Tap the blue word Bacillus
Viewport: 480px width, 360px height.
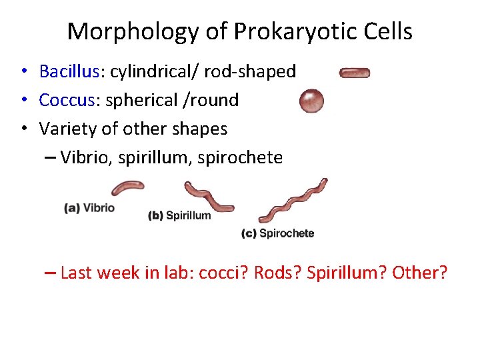69,71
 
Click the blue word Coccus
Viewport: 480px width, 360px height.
65,100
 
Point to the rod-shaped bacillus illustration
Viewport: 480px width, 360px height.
355,73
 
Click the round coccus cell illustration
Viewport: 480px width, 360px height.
311,101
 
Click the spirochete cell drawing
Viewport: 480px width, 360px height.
293,200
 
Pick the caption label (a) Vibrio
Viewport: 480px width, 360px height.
89,208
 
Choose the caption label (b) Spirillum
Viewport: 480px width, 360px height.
179,215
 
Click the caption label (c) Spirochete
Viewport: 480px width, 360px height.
277,233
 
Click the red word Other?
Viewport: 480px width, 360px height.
420,273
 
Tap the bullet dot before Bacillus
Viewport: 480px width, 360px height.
23,71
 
